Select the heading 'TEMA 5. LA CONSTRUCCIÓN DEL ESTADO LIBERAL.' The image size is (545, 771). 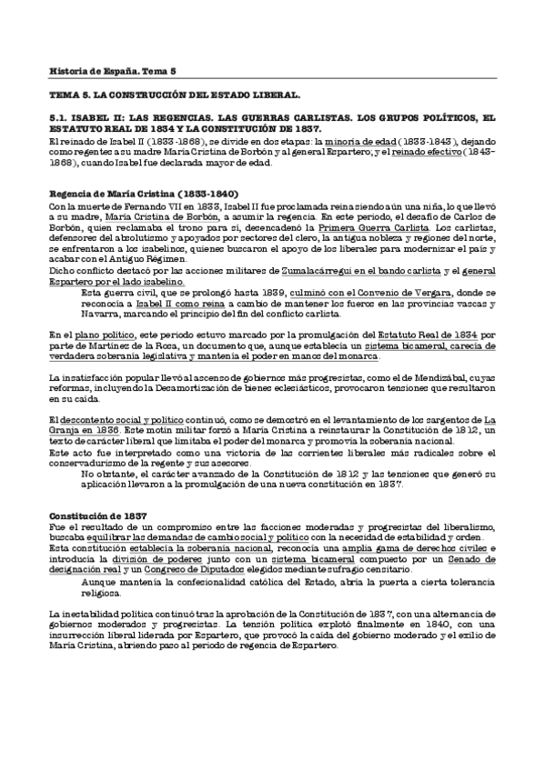175,95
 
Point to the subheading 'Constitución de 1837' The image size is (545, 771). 92,516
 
